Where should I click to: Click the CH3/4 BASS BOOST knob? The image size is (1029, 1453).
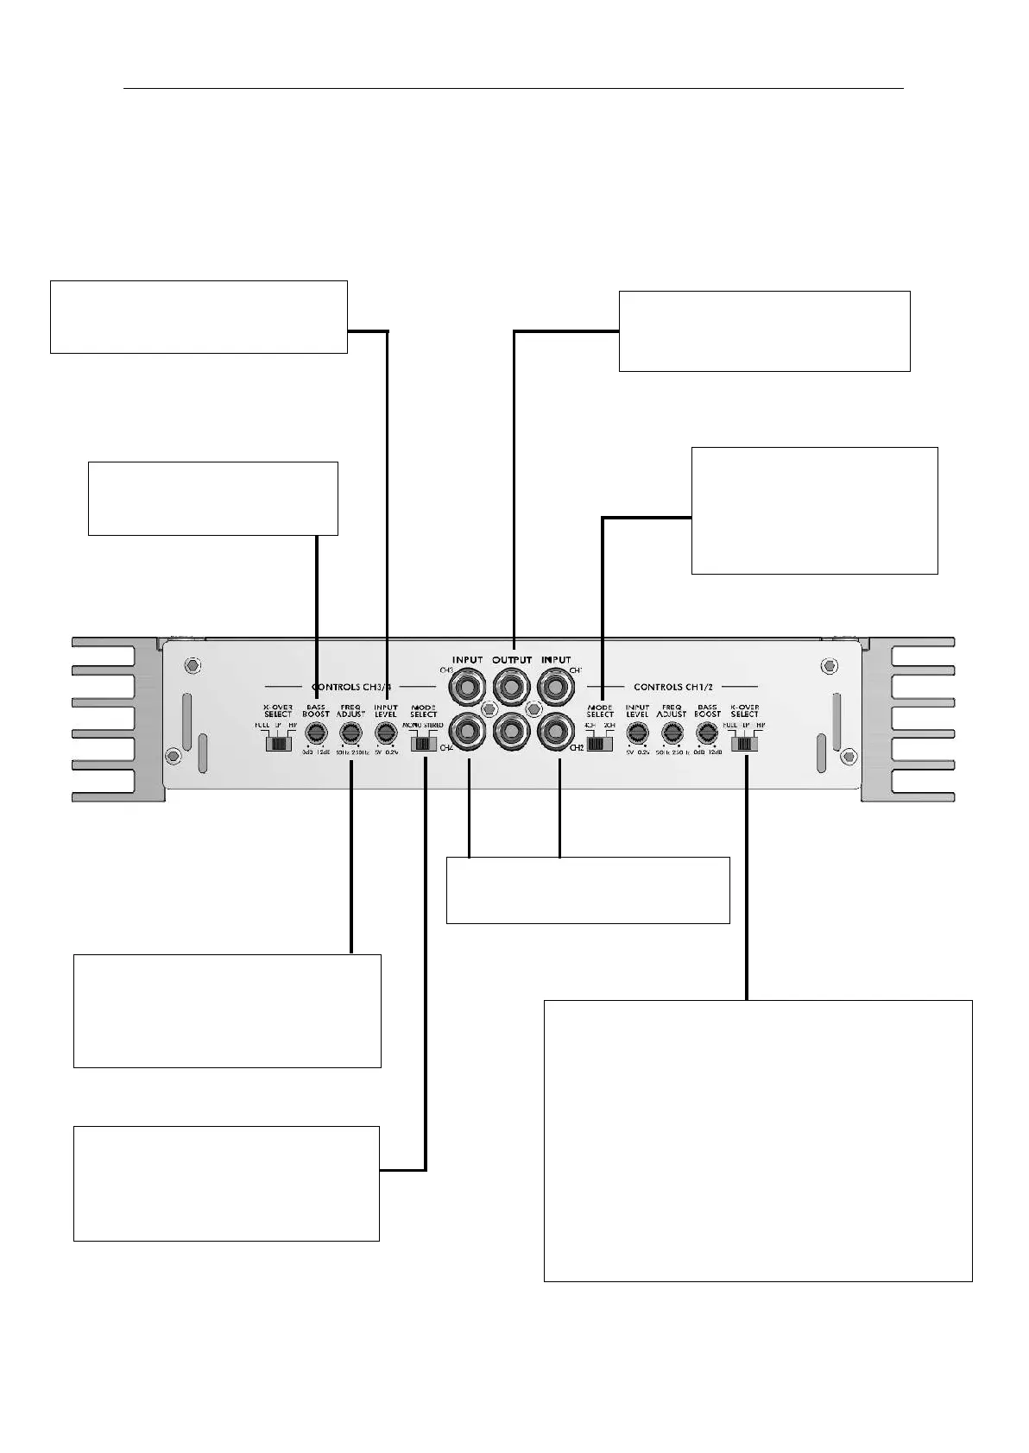click(x=316, y=733)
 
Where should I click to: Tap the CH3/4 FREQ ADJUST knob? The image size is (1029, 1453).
click(x=350, y=733)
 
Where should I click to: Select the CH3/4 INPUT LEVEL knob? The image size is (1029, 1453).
click(x=385, y=733)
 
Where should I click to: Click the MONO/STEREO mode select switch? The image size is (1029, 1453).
click(x=423, y=742)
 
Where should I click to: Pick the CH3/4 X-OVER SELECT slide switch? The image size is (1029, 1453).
click(x=278, y=742)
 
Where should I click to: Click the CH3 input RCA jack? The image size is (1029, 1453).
click(x=468, y=688)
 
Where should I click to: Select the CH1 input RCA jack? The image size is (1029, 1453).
click(x=558, y=688)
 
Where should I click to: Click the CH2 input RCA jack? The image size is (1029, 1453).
click(x=558, y=733)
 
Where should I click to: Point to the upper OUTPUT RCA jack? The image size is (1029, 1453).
click(x=513, y=688)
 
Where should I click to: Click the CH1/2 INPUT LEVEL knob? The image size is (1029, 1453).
click(x=637, y=733)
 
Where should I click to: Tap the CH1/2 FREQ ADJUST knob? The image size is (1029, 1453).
click(x=672, y=733)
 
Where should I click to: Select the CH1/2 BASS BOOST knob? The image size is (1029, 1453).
click(x=707, y=733)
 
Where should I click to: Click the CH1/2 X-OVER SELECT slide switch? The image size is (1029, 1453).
click(x=744, y=742)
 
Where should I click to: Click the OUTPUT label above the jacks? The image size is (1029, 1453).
click(x=512, y=660)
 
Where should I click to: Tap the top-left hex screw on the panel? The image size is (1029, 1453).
click(x=193, y=666)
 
